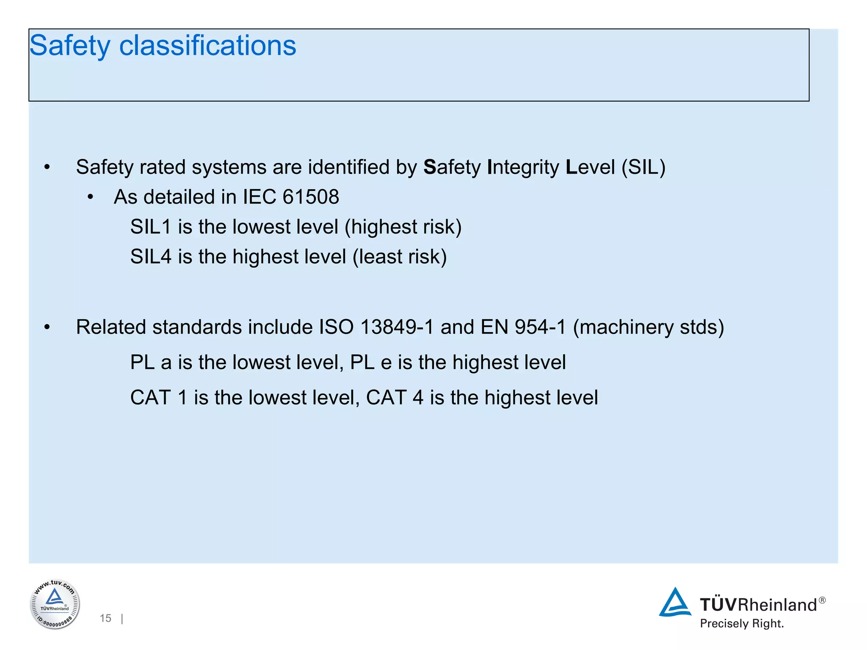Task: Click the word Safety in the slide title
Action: coord(69,46)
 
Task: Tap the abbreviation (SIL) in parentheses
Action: coord(643,167)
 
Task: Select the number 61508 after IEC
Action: coord(311,197)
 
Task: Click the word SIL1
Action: coord(150,227)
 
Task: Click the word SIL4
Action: coord(150,257)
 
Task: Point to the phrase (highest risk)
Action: coord(403,227)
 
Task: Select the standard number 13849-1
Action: coord(397,327)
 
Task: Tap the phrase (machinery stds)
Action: coord(648,327)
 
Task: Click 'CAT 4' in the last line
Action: coord(395,398)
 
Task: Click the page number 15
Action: coord(105,618)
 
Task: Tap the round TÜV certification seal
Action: coord(55,604)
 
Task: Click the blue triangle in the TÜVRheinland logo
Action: coord(675,603)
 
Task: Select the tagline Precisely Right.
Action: coord(742,624)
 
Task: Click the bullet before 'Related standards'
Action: coord(47,327)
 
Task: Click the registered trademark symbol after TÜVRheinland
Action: coord(822,600)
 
